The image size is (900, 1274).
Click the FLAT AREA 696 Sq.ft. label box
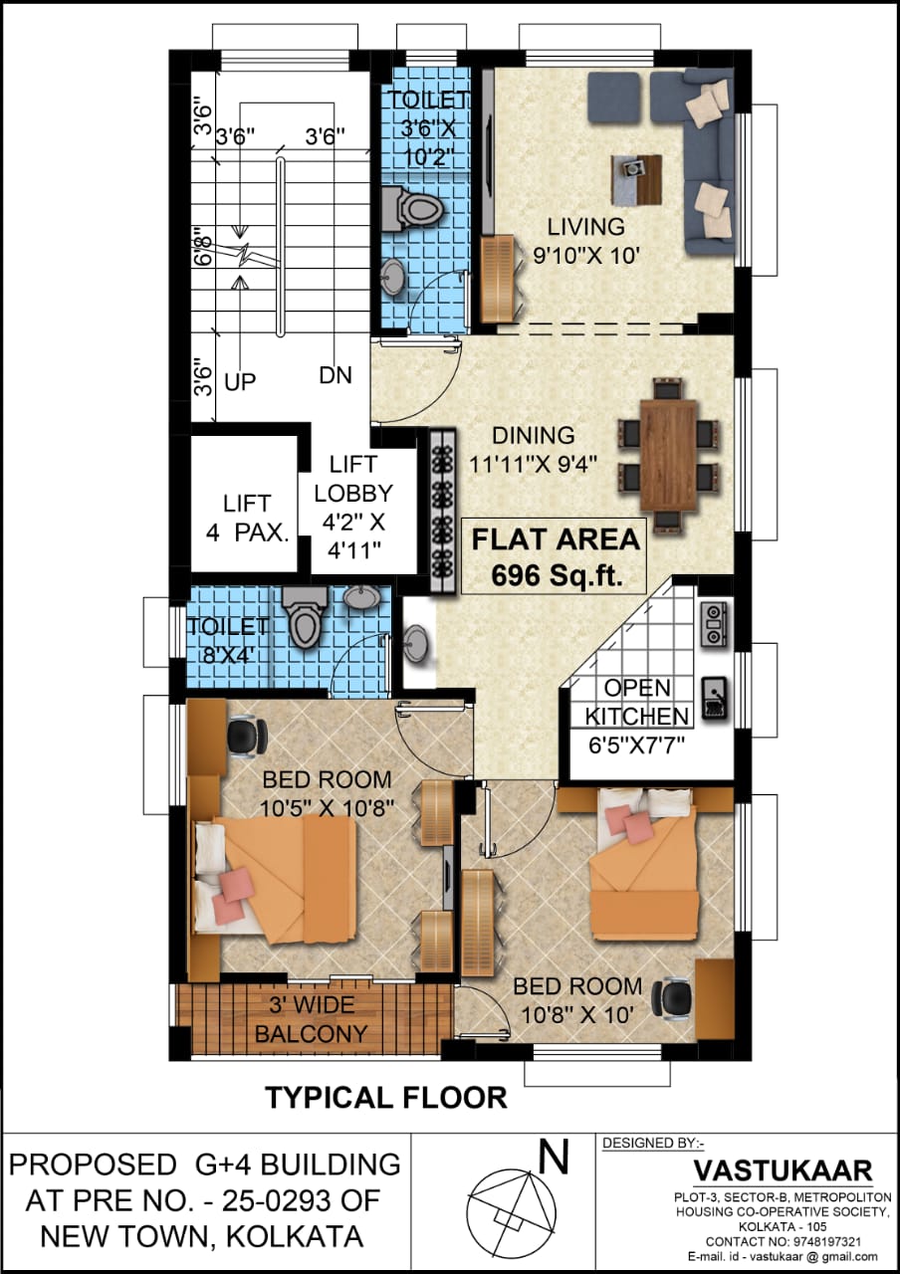point(555,556)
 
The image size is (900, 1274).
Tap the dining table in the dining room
point(668,455)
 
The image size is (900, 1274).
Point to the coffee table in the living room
point(636,179)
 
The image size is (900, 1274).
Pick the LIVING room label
point(585,227)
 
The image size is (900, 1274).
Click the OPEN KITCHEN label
point(636,703)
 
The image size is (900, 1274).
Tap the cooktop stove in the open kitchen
point(712,624)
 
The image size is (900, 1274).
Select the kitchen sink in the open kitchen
point(714,699)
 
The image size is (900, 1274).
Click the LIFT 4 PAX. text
point(247,519)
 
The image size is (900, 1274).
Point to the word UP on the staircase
point(240,382)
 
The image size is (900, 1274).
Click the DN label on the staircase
point(336,375)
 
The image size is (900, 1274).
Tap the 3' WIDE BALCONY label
point(312,1018)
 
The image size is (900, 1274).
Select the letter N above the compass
point(553,1159)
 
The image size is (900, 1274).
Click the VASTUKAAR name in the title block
point(783,1170)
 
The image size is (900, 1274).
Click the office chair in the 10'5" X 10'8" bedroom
point(247,739)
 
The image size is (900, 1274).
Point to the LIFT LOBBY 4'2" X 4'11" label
point(353,508)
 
